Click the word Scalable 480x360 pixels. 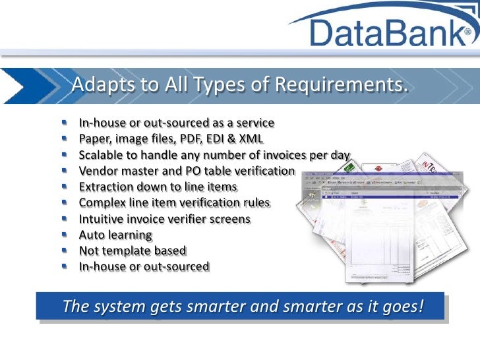pyautogui.click(x=101, y=156)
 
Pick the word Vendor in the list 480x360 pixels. pyautogui.click(x=97, y=171)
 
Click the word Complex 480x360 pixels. pyautogui.click(x=101, y=203)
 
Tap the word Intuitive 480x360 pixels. pyautogui.click(x=102, y=219)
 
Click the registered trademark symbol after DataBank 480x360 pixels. pyautogui.click(x=467, y=32)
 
